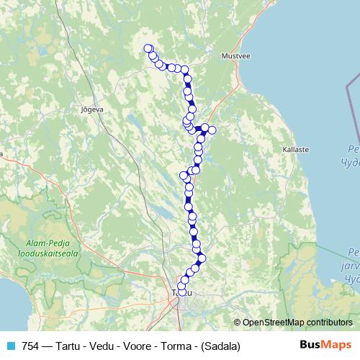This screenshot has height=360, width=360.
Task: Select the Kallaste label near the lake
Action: click(x=296, y=150)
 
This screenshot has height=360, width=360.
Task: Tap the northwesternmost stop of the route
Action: click(x=148, y=49)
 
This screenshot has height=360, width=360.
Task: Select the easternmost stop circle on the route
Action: click(x=212, y=130)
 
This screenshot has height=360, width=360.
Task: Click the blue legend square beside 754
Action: click(x=9, y=346)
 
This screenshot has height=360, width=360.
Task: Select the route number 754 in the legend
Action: click(x=31, y=346)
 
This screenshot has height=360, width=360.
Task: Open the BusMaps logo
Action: click(x=325, y=345)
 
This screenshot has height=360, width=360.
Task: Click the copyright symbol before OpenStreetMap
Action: click(x=238, y=322)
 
